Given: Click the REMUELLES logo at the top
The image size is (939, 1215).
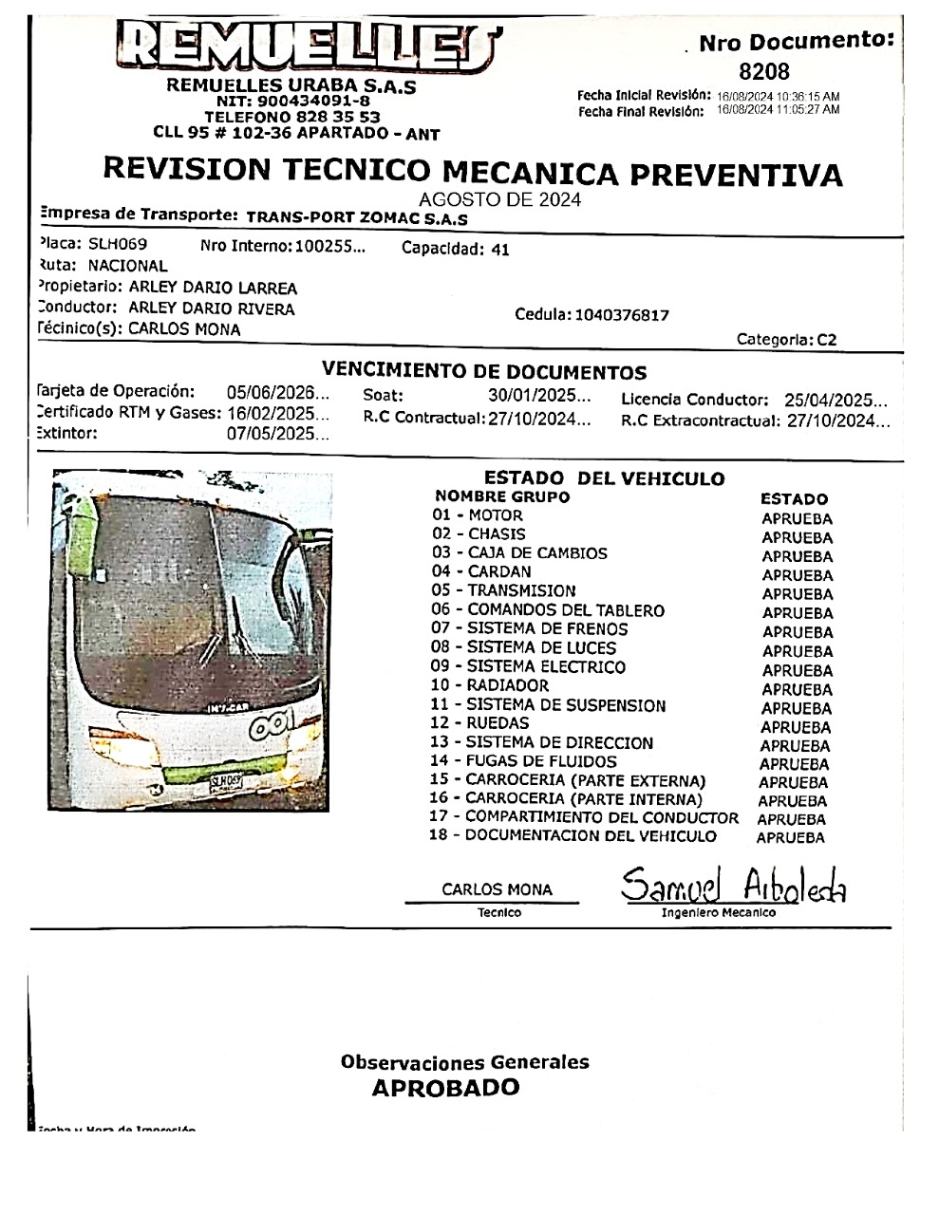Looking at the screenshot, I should (x=308, y=47).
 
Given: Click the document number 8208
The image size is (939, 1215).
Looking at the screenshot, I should (x=763, y=71).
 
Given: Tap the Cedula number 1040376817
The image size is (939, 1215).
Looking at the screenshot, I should (x=622, y=315).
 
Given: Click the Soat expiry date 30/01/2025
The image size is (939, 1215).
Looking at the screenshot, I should (x=534, y=396).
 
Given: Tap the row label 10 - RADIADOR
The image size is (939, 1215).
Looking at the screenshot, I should (x=490, y=685).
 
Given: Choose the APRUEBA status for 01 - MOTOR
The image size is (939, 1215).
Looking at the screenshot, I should (x=797, y=518).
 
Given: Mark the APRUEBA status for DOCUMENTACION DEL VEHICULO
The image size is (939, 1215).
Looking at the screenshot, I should (x=790, y=837).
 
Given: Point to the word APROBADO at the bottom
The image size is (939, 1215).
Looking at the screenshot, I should (x=445, y=1088).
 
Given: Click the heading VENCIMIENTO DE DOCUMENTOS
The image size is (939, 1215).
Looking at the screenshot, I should (x=484, y=372).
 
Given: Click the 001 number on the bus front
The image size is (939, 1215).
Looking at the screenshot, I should (x=271, y=725).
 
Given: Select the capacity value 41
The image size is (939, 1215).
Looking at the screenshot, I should (x=499, y=250).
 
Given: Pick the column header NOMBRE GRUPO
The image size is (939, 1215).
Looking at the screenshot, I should (x=501, y=496).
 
